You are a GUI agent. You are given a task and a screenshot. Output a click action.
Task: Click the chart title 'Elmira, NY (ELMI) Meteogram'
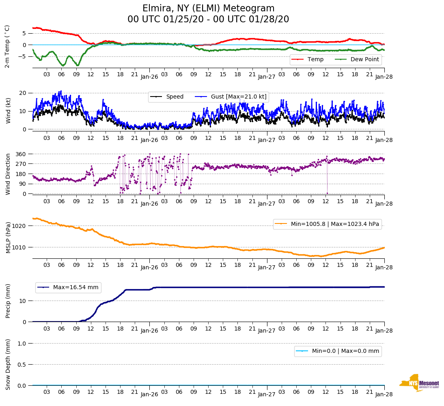click(208, 9)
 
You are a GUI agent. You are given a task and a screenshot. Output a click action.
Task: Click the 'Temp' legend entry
click(315, 60)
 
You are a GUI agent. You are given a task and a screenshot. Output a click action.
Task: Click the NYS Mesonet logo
click(419, 382)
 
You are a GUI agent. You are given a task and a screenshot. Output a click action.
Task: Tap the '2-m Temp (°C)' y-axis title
click(7, 46)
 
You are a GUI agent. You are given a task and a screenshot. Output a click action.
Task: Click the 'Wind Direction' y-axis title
click(8, 174)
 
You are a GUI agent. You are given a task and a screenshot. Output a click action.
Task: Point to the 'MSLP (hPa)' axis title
click(8, 237)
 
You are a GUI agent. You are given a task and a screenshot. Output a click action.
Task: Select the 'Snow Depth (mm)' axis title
click(8, 364)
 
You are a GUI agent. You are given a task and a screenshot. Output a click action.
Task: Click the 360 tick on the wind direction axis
click(21, 154)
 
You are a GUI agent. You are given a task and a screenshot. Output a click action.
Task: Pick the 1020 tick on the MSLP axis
click(20, 226)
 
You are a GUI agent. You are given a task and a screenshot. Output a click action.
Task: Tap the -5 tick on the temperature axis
click(23, 56)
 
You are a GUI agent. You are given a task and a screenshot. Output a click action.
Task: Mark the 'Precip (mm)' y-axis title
click(8, 301)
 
